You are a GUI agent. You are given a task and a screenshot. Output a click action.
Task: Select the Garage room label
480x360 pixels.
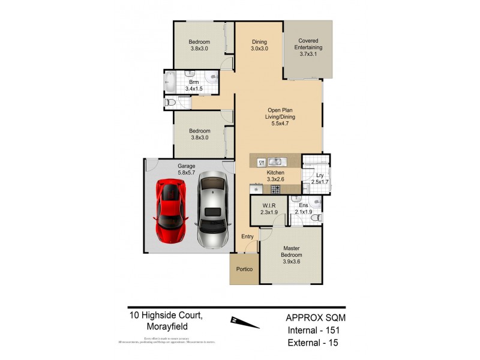[x=185, y=169]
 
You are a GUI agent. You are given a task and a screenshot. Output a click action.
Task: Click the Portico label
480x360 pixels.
[x=244, y=269]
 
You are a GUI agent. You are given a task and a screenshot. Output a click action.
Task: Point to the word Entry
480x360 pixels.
[x=248, y=237]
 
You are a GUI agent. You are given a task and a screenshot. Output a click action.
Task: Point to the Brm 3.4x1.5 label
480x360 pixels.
[x=194, y=85]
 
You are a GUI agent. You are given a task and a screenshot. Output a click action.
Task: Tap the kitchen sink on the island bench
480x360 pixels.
[x=277, y=161]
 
